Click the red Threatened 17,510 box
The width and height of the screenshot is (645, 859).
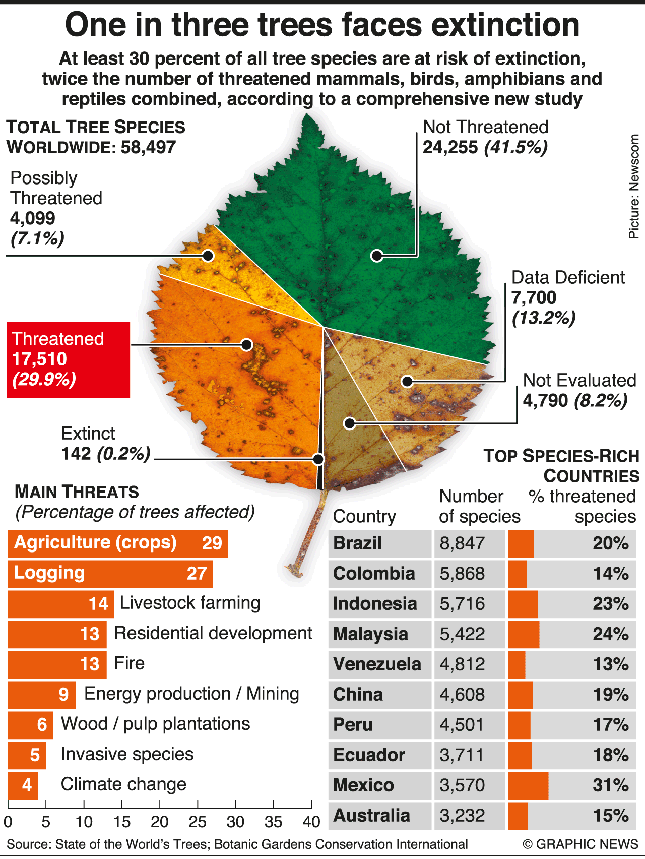[69, 359]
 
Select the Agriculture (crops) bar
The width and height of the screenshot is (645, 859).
[118, 543]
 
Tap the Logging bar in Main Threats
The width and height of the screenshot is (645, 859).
[110, 574]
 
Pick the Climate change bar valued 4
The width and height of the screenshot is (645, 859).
[23, 785]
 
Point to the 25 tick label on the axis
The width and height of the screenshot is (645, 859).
[198, 822]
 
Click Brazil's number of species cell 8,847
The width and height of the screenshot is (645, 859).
[463, 543]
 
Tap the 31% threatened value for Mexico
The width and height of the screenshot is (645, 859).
[610, 785]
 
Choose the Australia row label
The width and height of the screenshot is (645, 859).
[372, 816]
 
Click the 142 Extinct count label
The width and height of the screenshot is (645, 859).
[76, 454]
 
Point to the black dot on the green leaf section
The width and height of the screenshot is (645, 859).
[376, 256]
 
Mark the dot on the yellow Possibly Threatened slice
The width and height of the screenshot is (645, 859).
[208, 255]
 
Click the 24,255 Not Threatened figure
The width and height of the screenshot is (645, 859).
[450, 147]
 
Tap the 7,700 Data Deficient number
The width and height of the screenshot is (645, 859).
[534, 298]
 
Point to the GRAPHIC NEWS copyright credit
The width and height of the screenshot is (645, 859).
[580, 844]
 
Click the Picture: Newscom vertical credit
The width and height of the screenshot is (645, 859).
[633, 187]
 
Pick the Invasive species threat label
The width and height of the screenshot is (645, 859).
[127, 754]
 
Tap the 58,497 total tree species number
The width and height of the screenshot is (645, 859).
[148, 147]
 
